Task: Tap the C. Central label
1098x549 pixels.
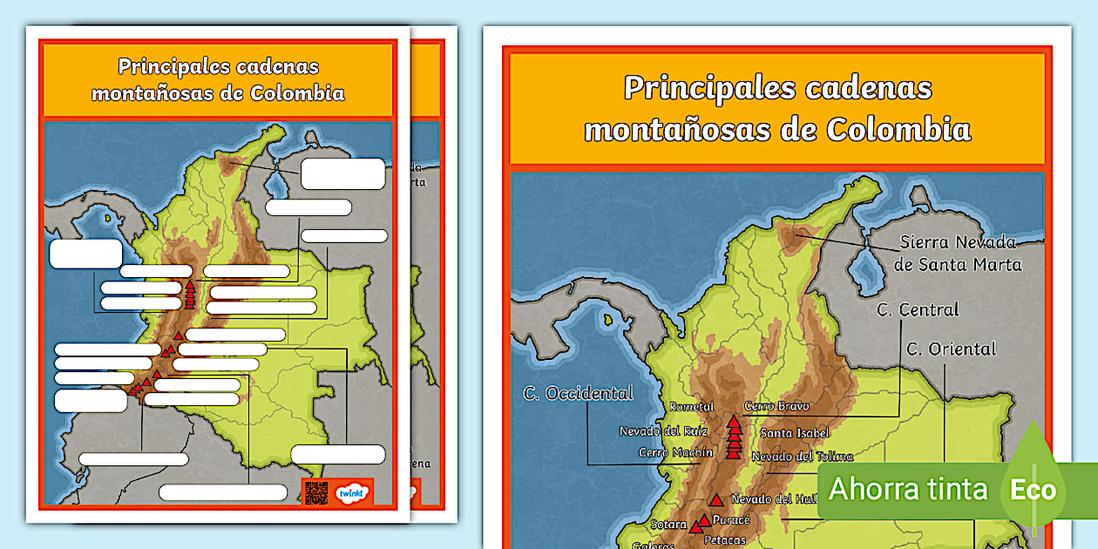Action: click(x=918, y=309)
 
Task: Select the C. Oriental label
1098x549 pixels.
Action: click(x=951, y=349)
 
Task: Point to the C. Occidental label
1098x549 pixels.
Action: click(x=578, y=393)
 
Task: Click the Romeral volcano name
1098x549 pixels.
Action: click(x=692, y=407)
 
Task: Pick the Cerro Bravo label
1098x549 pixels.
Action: click(x=776, y=406)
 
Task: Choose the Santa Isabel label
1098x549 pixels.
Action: click(x=795, y=432)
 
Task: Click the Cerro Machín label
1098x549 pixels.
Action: click(x=675, y=452)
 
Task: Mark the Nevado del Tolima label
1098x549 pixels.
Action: click(x=802, y=456)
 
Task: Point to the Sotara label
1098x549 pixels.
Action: click(x=668, y=525)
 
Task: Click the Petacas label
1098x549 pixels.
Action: click(x=724, y=539)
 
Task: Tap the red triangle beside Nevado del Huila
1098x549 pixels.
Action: click(x=715, y=500)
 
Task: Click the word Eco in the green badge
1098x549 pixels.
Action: click(x=1033, y=489)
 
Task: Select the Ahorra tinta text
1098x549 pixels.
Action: click(x=908, y=489)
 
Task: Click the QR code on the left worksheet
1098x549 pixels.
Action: click(x=316, y=492)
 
